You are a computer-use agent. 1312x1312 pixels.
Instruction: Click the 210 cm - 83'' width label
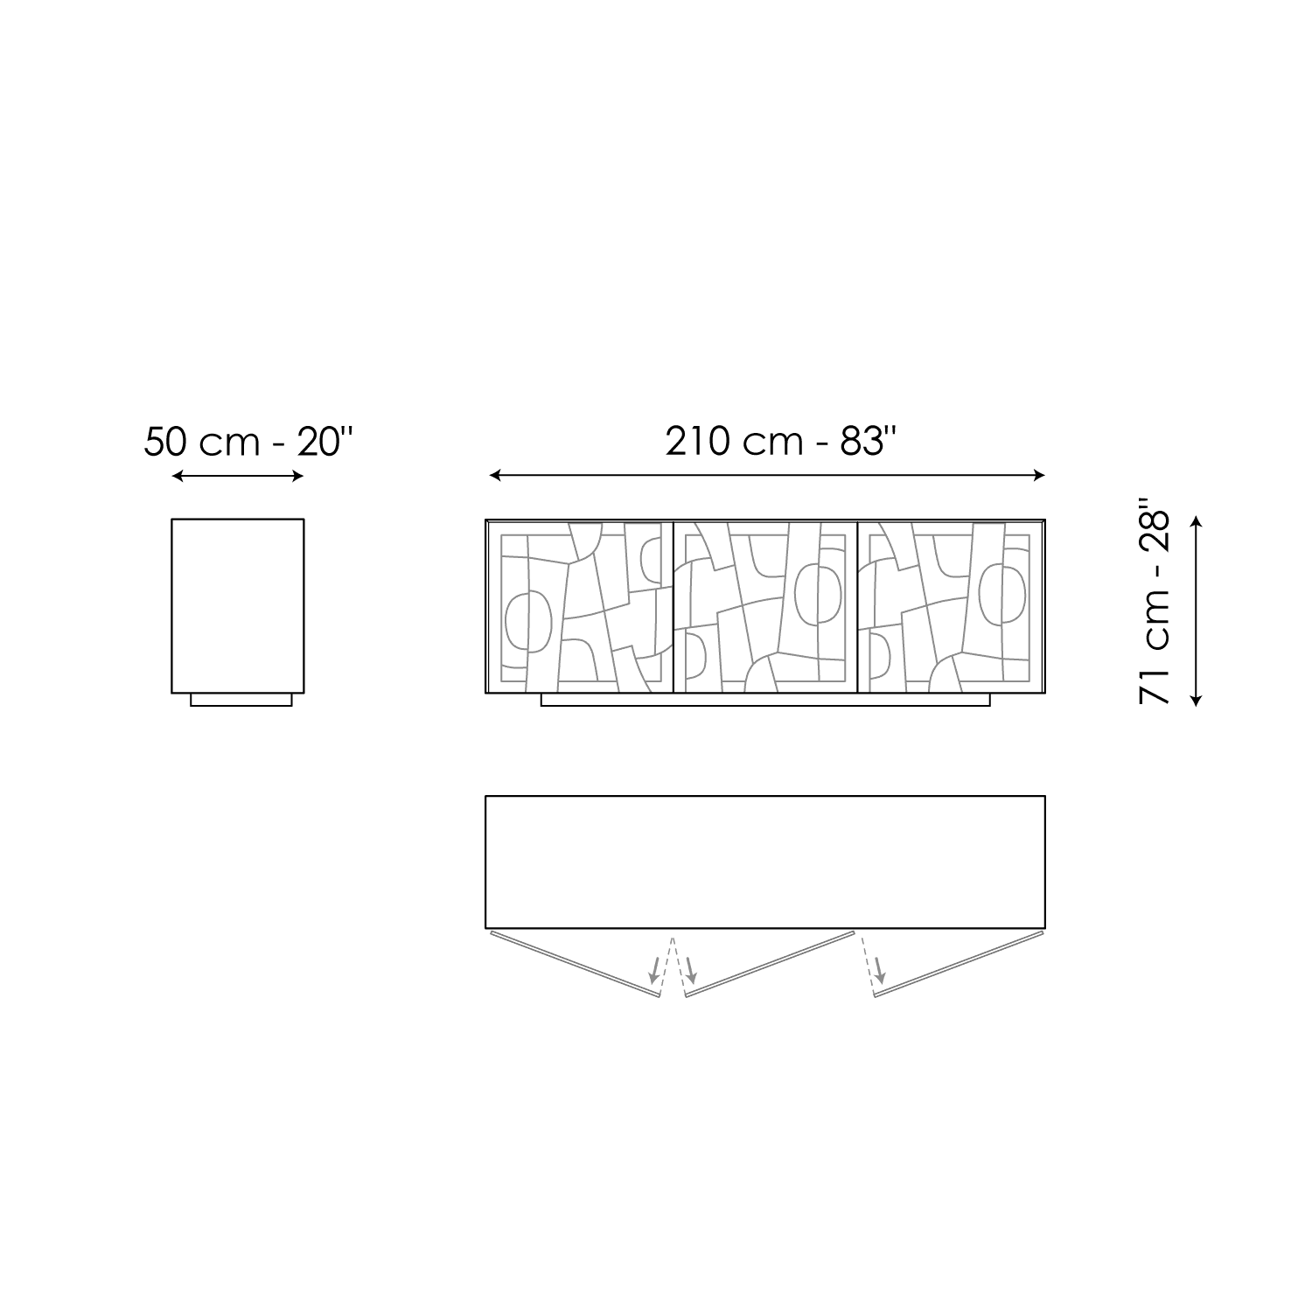click(x=782, y=442)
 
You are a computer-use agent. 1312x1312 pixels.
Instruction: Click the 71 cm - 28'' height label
click(x=1154, y=602)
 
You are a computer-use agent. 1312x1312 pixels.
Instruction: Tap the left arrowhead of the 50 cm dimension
click(x=178, y=476)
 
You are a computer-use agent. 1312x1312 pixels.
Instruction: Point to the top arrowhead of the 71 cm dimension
click(x=1197, y=522)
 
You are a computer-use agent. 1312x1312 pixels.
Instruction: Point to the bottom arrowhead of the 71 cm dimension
click(x=1197, y=699)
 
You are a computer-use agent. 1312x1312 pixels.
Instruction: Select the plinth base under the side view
click(x=241, y=700)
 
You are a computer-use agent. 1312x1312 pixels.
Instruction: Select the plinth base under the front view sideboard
click(x=765, y=700)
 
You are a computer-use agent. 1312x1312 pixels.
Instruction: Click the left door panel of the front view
click(x=580, y=607)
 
